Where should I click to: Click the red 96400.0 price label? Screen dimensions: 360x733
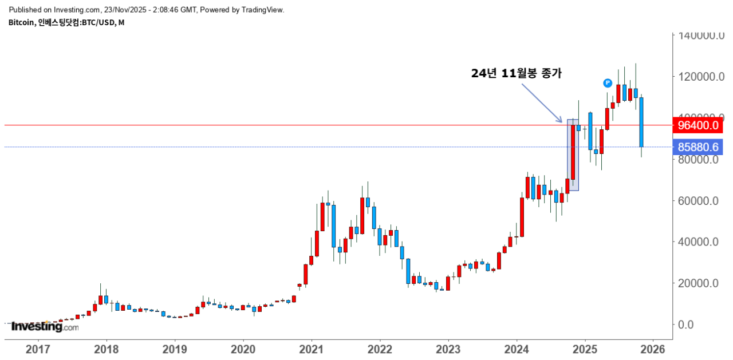pos(697,125)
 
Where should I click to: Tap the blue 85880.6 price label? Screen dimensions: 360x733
pos(697,147)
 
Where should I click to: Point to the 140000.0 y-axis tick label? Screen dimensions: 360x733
pos(697,36)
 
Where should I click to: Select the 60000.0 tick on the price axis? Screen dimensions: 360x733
pos(697,201)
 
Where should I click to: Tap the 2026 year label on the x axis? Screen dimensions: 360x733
pos(653,349)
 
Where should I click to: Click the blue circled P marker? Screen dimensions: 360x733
pos(608,83)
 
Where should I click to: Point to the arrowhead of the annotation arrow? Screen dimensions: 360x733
pos(561,121)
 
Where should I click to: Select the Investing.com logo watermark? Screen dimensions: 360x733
pos(45,327)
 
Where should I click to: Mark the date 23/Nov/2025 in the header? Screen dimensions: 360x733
pos(123,10)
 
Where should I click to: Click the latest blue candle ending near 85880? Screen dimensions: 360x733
pos(641,122)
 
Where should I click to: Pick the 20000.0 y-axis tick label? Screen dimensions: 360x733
pos(697,283)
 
